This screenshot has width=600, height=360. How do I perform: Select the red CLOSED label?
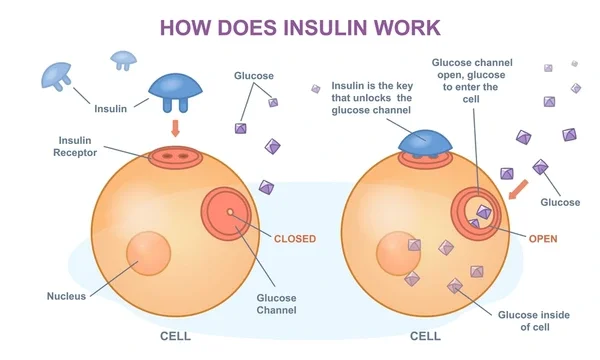[294, 239]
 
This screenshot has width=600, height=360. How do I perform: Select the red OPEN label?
[542, 239]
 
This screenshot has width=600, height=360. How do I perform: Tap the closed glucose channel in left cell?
[231, 213]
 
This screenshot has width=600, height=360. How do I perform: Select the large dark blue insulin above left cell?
[177, 91]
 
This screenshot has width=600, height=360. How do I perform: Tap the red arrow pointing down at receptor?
[176, 129]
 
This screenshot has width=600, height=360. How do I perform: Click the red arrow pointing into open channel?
[519, 187]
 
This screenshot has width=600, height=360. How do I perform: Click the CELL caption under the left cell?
[176, 336]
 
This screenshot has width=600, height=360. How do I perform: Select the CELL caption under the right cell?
[425, 336]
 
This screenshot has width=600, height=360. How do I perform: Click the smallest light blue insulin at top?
[123, 59]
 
